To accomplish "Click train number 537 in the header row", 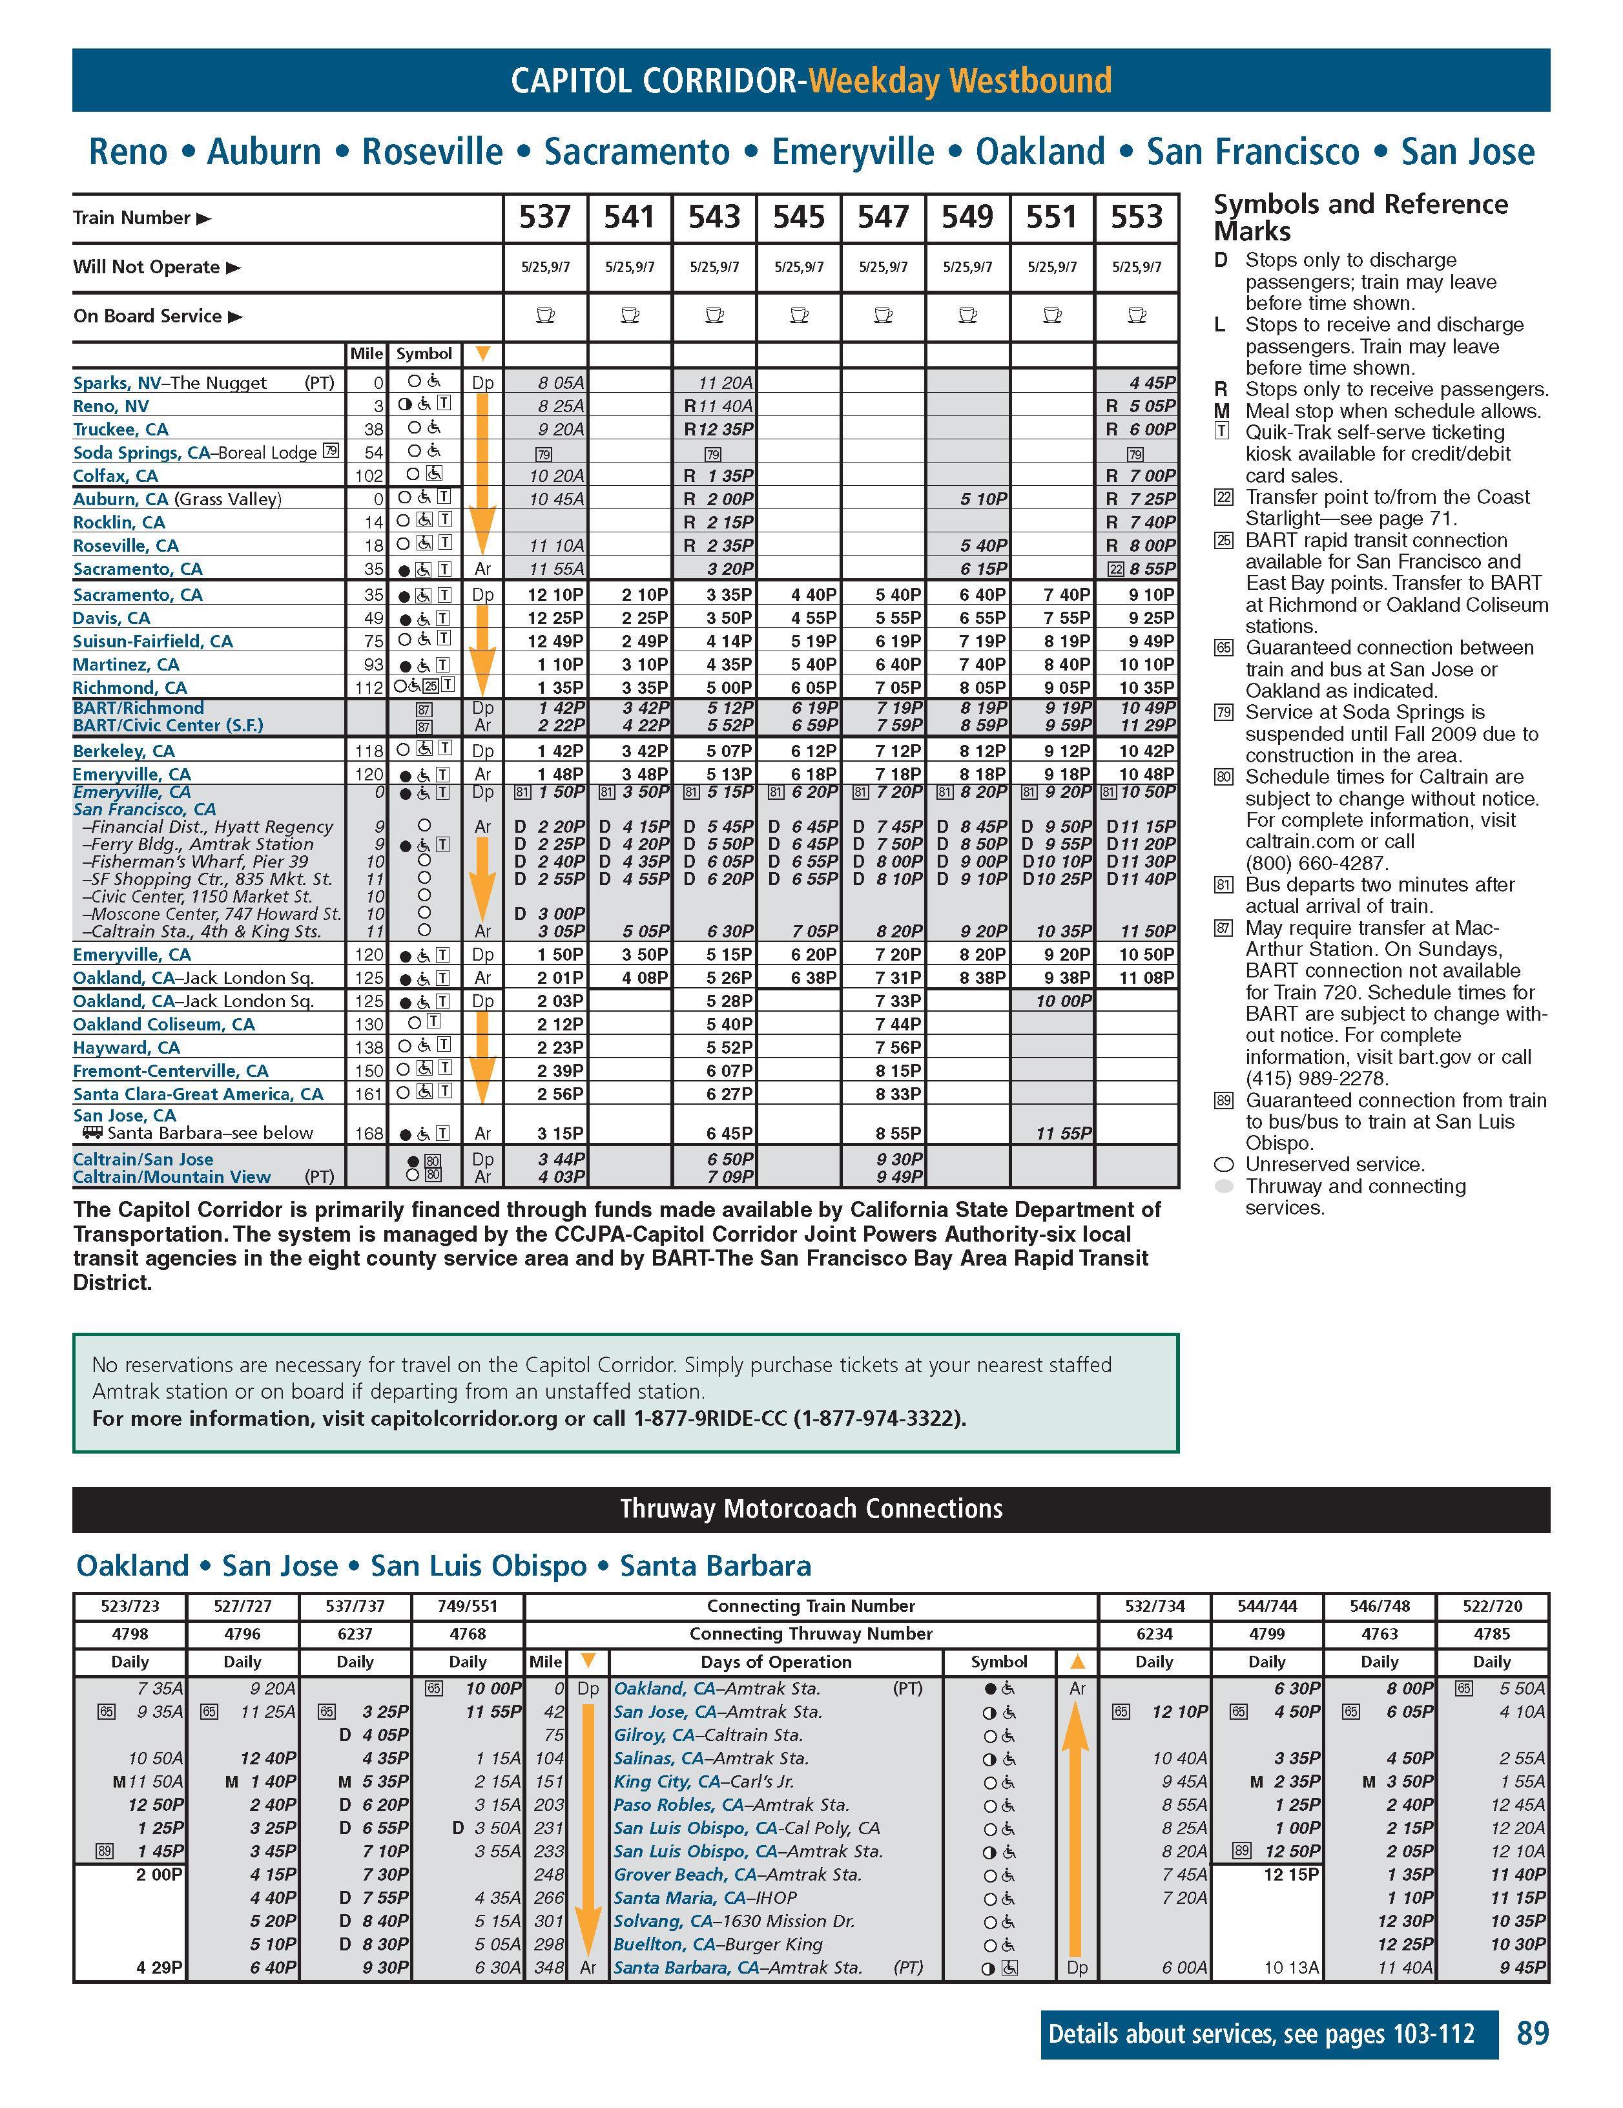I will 545,217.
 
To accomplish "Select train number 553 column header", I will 1137,217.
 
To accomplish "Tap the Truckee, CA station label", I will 121,430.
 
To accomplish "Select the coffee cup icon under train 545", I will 799,316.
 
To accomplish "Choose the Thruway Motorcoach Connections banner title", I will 811,1508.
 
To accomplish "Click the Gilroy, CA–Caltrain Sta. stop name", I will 707,1735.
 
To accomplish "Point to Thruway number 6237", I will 355,1633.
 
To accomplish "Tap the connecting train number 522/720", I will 1492,1606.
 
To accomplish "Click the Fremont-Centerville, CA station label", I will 171,1070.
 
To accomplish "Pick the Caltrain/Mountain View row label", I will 172,1176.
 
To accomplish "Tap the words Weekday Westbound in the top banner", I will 960,80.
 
